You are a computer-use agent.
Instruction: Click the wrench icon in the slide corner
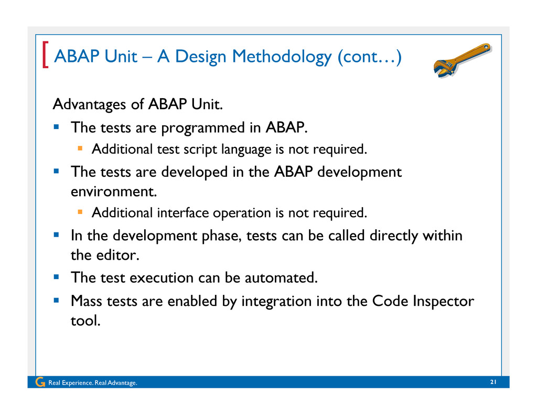click(462, 60)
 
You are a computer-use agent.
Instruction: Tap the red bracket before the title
click(45, 55)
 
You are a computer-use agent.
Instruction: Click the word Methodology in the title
click(282, 57)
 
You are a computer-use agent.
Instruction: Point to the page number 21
click(493, 382)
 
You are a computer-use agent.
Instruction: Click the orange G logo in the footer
click(40, 382)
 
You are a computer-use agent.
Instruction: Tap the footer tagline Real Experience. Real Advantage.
click(93, 383)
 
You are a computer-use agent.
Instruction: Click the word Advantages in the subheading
click(89, 104)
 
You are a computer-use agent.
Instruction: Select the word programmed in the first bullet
click(203, 128)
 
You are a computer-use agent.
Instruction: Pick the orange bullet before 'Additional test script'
click(80, 148)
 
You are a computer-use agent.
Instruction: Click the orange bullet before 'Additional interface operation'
click(80, 212)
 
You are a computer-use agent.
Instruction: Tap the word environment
click(114, 191)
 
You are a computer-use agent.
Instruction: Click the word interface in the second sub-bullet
click(183, 213)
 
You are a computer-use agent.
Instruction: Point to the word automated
click(281, 278)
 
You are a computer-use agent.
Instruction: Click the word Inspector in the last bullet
click(443, 302)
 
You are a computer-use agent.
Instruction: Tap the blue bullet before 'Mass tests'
click(57, 301)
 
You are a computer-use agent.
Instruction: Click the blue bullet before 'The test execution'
click(57, 277)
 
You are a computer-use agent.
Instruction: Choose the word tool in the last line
click(85, 321)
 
